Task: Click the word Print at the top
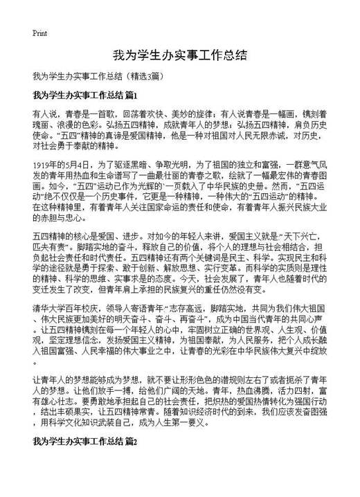(39, 33)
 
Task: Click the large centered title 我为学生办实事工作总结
(179, 55)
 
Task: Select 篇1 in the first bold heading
(134, 94)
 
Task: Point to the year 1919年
(45, 165)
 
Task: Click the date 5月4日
(75, 165)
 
